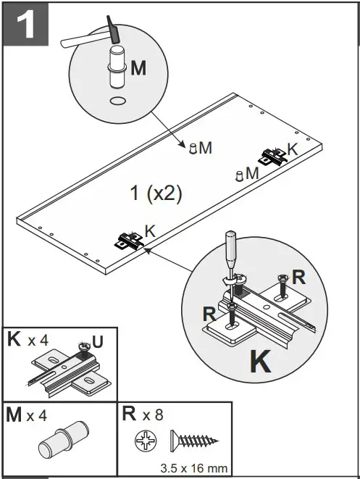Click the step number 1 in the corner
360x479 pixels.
pos(25,25)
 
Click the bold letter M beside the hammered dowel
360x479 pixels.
pos(138,68)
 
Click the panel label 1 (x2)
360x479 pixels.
pos(156,193)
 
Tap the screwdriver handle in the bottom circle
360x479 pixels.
pos(229,248)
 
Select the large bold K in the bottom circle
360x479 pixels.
pos(261,362)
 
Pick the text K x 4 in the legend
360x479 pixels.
pos(28,340)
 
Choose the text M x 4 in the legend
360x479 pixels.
pos(28,415)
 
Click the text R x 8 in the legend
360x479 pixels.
pos(142,415)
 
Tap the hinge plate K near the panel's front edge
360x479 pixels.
pos(129,240)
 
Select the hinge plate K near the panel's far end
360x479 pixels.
pos(274,156)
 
